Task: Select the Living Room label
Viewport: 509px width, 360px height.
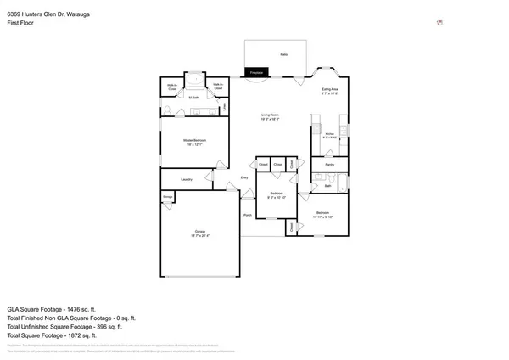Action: click(x=271, y=116)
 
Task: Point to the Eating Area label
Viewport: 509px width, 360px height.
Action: click(x=330, y=90)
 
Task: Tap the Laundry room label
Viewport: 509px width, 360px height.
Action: click(x=187, y=179)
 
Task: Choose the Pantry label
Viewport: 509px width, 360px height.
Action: click(x=329, y=164)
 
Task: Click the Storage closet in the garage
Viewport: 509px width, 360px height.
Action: click(x=166, y=197)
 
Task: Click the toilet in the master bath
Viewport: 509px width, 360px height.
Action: click(x=167, y=111)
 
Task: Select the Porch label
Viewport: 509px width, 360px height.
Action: click(x=248, y=216)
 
